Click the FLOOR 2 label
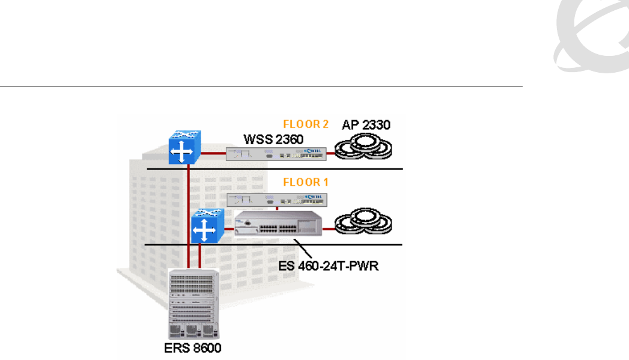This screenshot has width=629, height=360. coord(306,125)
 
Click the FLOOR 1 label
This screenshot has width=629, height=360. coord(306,181)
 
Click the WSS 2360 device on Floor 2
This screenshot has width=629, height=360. coord(276,155)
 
